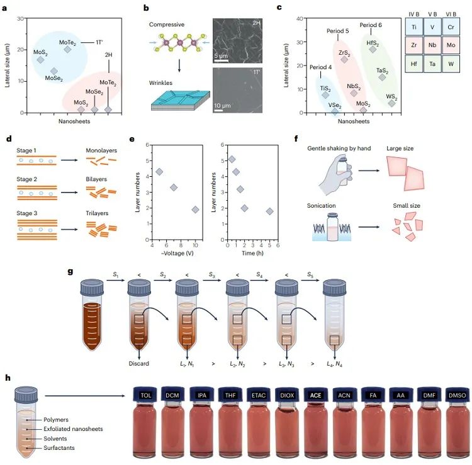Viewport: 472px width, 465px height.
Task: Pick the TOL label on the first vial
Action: [147, 395]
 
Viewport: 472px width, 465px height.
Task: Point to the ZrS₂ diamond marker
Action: [344, 59]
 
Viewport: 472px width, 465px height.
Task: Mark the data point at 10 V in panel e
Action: [196, 210]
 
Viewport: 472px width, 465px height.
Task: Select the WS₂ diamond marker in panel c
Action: [391, 103]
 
